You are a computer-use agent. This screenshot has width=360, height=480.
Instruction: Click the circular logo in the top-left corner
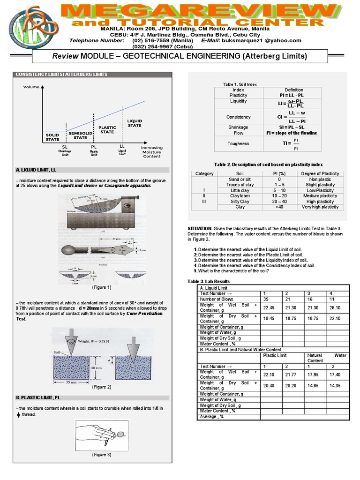coord(22,24)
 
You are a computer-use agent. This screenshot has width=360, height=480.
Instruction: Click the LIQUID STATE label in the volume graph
coord(135,123)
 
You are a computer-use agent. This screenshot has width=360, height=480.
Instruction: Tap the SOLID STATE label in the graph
coord(52,136)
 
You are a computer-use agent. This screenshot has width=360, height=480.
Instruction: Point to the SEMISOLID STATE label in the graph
coord(80,135)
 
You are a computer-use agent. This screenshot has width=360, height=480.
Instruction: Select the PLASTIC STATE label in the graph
coord(107,129)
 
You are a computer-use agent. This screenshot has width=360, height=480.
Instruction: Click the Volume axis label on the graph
coord(31,87)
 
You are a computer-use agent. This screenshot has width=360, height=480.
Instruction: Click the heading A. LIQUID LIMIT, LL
coord(36,170)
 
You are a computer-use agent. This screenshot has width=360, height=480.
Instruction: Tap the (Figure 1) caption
coord(102,287)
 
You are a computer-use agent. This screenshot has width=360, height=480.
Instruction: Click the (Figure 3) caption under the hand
coord(102,455)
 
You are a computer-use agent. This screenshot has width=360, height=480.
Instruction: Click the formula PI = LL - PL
coord(294,95)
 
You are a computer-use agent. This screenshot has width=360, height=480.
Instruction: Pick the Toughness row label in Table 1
coord(238,144)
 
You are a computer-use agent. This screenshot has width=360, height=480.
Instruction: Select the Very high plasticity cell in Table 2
coord(320,207)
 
